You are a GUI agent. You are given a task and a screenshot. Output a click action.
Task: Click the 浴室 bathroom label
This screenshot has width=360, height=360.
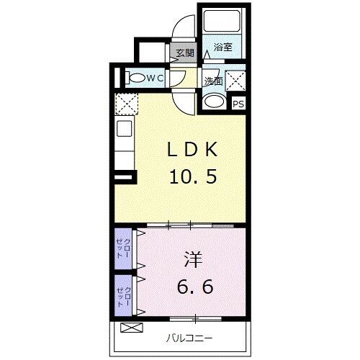click(222, 48)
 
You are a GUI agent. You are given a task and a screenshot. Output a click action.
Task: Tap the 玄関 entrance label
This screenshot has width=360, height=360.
click(184, 53)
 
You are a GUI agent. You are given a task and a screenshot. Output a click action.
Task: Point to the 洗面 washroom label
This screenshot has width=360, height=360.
click(212, 81)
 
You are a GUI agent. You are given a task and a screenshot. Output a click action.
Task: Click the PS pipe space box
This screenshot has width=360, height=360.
click(238, 104)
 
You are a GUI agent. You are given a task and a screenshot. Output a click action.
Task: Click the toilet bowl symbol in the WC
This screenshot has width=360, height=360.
click(135, 77)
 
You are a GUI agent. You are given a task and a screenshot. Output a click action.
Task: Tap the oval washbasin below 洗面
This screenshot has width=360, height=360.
click(213, 102)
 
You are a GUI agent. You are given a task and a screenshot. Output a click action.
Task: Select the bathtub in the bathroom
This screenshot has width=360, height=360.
click(223, 24)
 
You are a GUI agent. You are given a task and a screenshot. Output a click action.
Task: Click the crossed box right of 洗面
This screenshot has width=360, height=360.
click(235, 79)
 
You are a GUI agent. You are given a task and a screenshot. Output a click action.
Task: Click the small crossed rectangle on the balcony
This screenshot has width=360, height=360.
click(132, 328)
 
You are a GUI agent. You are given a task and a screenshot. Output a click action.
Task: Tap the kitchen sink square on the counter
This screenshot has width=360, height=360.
click(124, 130)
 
